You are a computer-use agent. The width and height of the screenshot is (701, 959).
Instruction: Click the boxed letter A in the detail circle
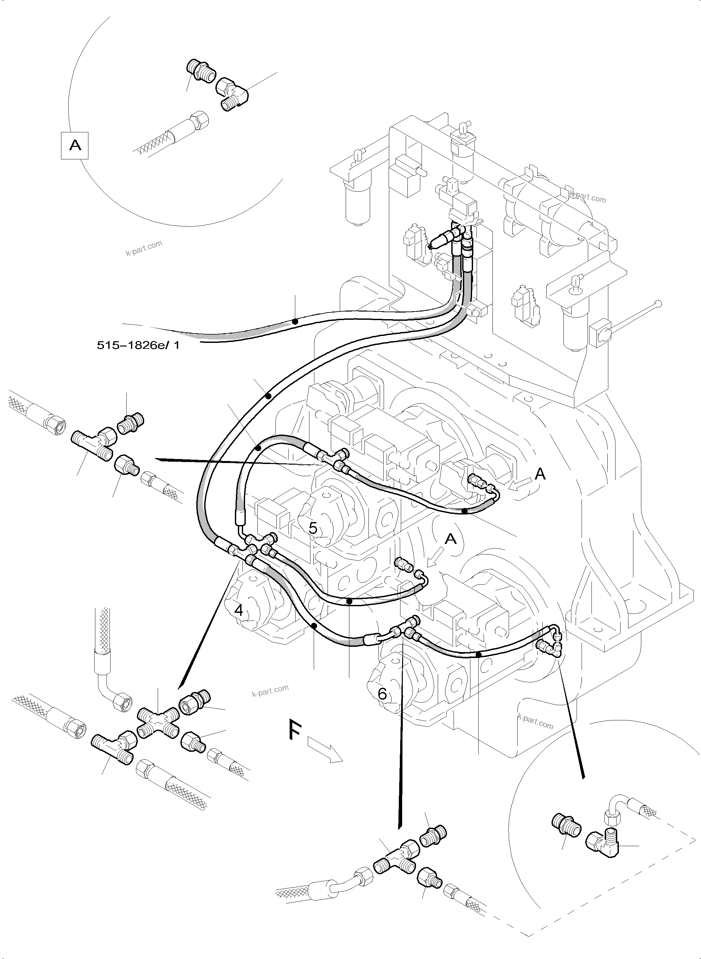click(75, 146)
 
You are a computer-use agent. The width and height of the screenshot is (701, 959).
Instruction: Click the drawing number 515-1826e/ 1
click(138, 345)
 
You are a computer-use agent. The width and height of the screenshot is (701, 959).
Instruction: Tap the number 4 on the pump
click(239, 611)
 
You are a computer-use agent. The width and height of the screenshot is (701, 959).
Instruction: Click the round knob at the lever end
click(658, 304)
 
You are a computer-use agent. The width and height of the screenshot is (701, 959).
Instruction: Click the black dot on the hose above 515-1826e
click(295, 322)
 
